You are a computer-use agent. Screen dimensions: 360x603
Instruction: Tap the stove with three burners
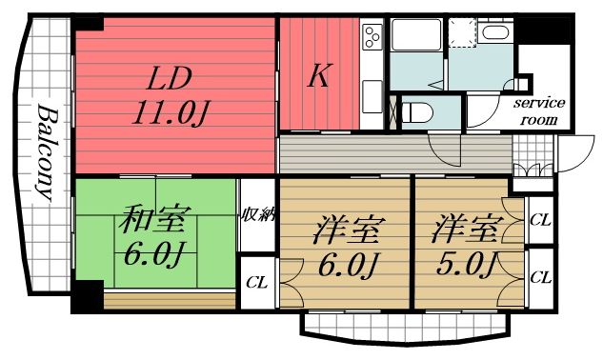point(372,39)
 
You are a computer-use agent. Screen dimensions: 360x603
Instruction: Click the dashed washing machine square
point(463,34)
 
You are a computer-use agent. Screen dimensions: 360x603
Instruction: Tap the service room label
point(540,110)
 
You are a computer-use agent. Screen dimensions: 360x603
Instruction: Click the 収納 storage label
point(257,214)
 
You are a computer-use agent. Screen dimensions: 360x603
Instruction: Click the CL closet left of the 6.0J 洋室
point(256,281)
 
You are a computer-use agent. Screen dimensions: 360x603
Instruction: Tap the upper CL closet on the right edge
point(540,220)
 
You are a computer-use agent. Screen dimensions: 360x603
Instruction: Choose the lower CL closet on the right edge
point(540,277)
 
